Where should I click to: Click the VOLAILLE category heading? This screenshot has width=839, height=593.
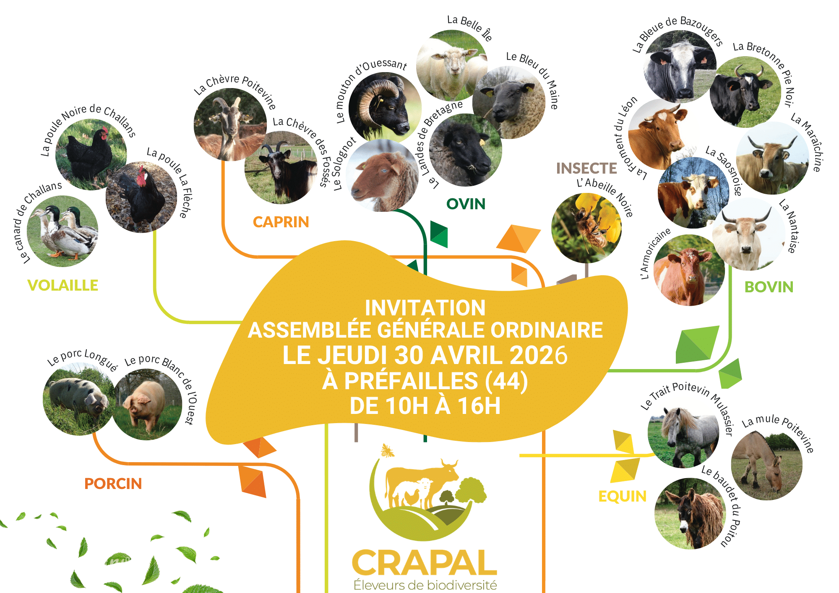(x=63, y=286)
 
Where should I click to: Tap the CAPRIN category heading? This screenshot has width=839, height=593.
(x=281, y=222)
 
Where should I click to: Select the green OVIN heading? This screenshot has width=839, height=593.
(x=466, y=204)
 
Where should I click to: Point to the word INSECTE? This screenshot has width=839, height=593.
(x=586, y=169)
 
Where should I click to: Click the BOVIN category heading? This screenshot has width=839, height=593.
(x=769, y=287)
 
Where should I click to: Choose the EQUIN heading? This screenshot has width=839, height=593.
(x=622, y=497)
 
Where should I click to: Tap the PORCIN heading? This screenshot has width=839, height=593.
(x=113, y=484)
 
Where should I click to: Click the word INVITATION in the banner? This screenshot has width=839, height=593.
(x=425, y=308)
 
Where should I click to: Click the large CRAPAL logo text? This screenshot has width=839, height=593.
(x=425, y=563)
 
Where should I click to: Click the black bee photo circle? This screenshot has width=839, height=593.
(x=586, y=228)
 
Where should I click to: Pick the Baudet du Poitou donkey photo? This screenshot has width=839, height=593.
(x=690, y=514)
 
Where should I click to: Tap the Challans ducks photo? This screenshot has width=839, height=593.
(x=63, y=231)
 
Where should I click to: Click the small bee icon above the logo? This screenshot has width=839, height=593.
(x=387, y=451)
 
